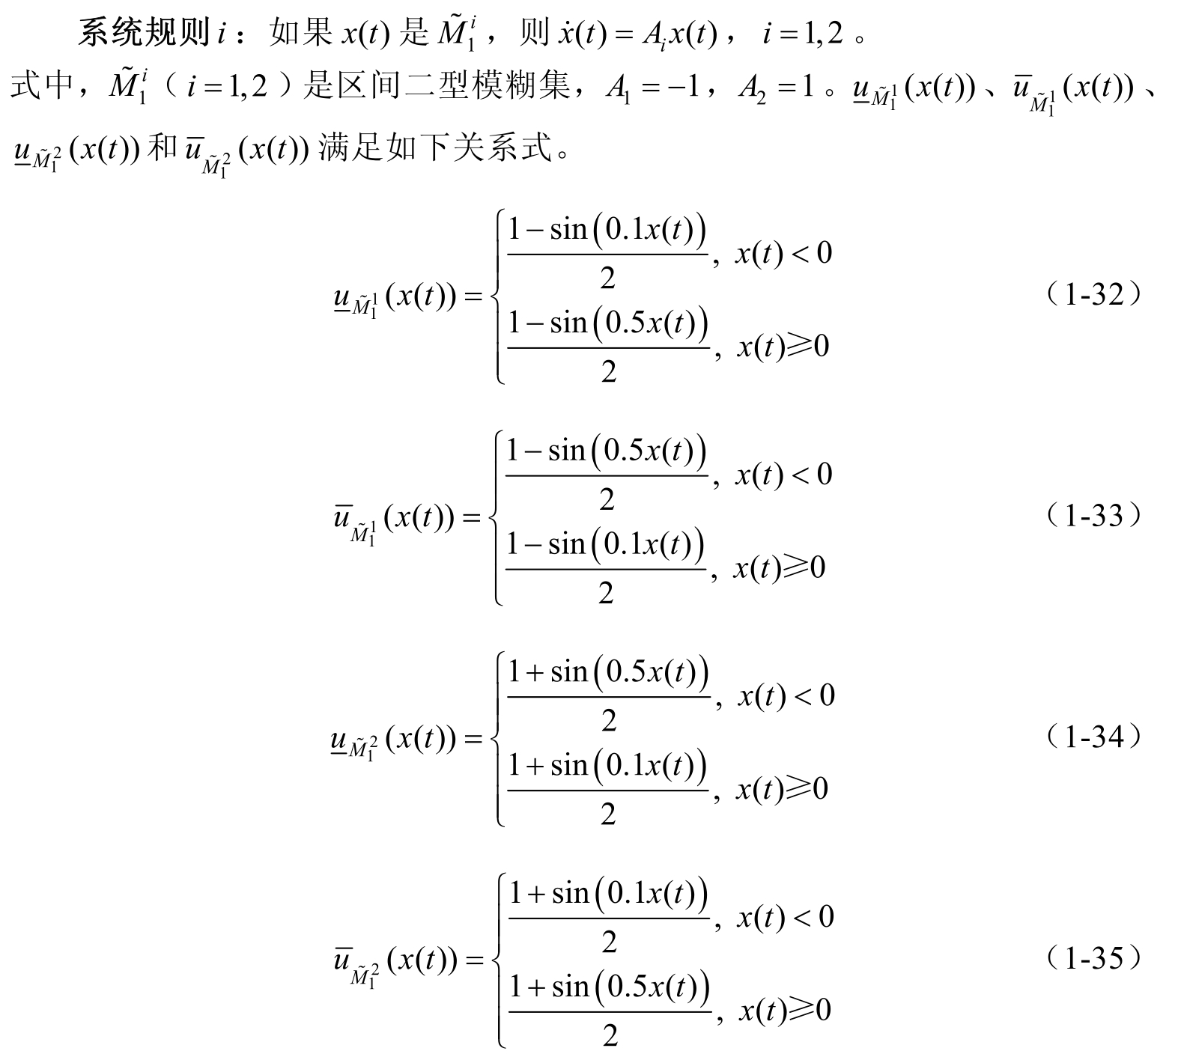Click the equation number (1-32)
click(1094, 294)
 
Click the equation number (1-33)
click(1094, 516)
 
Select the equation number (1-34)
click(1094, 737)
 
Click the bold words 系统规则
click(143, 34)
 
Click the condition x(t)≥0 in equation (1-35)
click(785, 1011)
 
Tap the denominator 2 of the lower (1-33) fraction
click(607, 594)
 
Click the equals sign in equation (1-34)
click(474, 740)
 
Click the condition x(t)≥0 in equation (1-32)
click(783, 347)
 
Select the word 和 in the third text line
click(162, 148)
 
